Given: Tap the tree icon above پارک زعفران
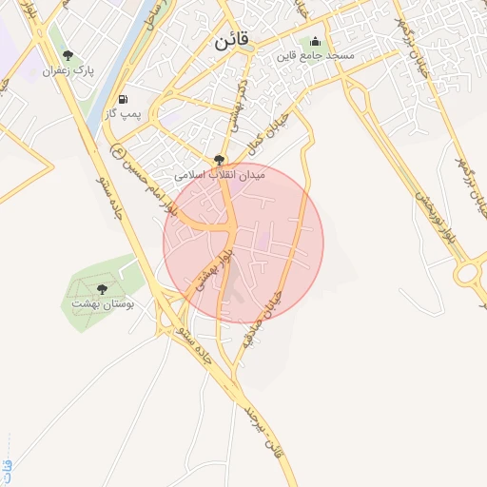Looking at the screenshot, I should pos(67,55).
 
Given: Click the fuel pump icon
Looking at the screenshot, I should pos(123,100).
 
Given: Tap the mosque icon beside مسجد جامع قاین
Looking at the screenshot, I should pos(315,42).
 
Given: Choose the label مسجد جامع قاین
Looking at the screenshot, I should pos(327,58).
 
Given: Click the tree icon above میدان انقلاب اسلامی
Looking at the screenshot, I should pos(221,160).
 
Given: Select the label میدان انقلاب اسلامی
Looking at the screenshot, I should pos(221,176).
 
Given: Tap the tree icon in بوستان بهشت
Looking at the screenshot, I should pos(102,288).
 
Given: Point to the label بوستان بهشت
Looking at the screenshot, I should pos(103,304).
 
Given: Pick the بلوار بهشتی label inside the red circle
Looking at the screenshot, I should pos(213,267).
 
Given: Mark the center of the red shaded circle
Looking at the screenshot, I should pos(243,243).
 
